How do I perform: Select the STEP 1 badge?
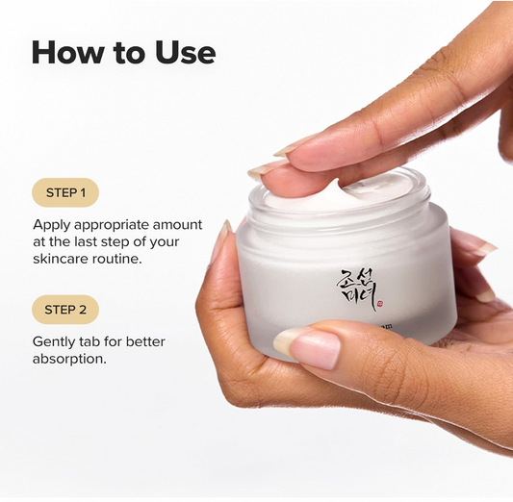[65, 192]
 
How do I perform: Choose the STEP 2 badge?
[65, 310]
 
